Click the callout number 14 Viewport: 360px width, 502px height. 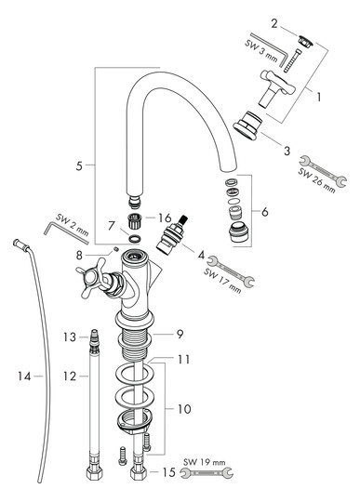[x=25, y=376]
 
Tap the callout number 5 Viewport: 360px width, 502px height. [x=81, y=165]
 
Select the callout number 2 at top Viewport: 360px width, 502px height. [x=274, y=23]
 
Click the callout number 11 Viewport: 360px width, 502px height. [x=184, y=358]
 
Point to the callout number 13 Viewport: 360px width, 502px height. [x=68, y=336]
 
